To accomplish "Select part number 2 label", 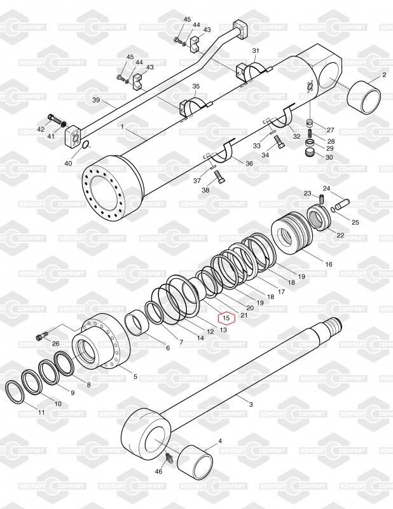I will click(x=383, y=75).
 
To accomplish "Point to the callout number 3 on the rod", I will click(x=250, y=404).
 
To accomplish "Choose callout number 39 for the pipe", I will click(x=97, y=101).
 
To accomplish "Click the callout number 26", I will click(x=55, y=344).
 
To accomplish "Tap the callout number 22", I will click(x=340, y=235).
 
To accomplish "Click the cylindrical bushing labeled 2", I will click(x=364, y=101).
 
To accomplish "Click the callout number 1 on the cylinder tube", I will click(x=122, y=127).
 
